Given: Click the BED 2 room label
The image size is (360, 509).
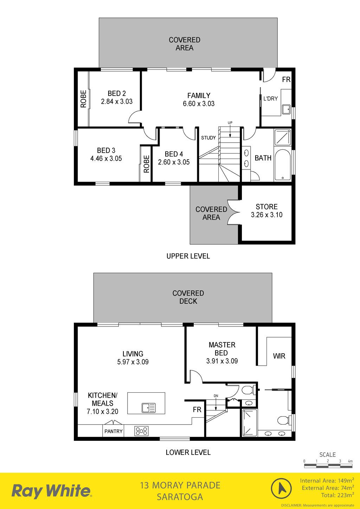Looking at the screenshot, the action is pos(117,94).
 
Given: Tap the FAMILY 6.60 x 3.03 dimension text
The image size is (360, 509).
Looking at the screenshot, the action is pos(199,104).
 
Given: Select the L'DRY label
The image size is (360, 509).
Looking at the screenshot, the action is pos(270,99).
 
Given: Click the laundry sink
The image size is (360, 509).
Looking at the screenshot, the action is pos(287,109).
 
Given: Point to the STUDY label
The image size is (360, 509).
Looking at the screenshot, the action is pos(208,138).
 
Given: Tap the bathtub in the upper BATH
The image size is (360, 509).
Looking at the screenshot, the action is pos(283,165).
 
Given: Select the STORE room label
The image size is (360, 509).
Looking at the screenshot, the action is pos(266,207).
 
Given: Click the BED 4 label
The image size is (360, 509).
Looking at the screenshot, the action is pos(174,154).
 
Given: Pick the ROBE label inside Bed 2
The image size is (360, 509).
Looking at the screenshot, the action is pos(83,99).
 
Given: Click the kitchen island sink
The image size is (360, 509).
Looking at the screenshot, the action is pos(149,408).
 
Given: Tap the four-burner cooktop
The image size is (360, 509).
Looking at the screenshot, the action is pos(141,431).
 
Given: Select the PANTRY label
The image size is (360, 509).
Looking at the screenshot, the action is pos(114,431).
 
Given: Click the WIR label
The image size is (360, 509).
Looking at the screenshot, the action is pos(279,356).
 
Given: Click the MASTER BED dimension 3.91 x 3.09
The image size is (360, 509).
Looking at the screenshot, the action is pos(222,361).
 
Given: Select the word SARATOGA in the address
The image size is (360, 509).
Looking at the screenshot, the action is pos(180,497).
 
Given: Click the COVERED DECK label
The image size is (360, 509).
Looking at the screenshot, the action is pos(188,297).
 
